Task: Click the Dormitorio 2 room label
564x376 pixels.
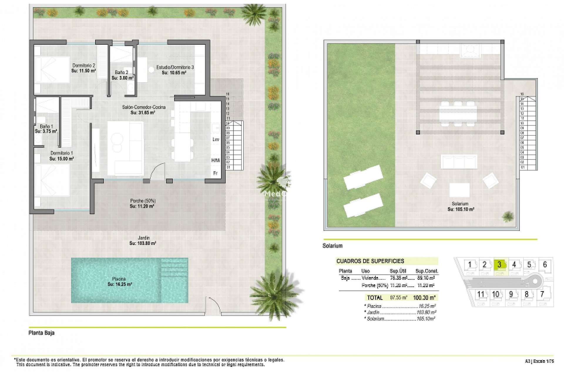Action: click(x=84, y=66)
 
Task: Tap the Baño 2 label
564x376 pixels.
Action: click(x=121, y=72)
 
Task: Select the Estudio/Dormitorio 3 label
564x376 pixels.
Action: click(x=175, y=67)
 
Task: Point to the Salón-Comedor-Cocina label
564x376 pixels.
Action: click(x=144, y=107)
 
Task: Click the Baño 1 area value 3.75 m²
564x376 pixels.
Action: click(x=46, y=131)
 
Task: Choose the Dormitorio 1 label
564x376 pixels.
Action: click(x=61, y=153)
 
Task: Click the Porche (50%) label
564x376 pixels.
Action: click(x=143, y=201)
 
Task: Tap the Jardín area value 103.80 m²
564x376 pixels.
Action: click(x=143, y=243)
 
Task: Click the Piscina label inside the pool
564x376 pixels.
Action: click(x=119, y=279)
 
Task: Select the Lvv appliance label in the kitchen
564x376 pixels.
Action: click(x=216, y=140)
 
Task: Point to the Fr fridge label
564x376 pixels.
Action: click(x=215, y=173)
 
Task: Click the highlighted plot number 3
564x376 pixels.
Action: click(x=499, y=265)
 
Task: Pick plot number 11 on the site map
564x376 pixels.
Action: click(x=481, y=294)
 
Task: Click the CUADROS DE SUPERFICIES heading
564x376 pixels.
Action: click(x=370, y=261)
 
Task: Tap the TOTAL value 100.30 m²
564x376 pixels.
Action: click(x=424, y=298)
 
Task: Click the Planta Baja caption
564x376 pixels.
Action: click(x=41, y=333)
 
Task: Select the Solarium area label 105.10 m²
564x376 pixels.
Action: click(x=461, y=209)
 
